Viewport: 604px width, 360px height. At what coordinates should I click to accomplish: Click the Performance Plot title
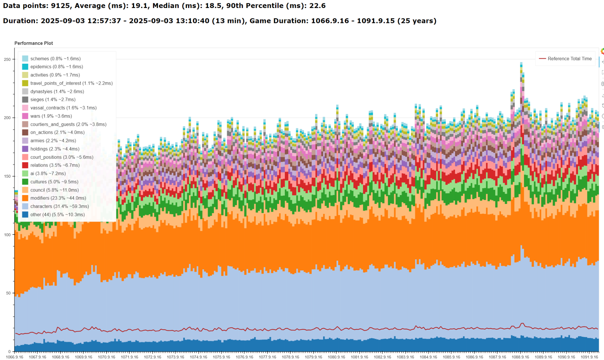(34, 43)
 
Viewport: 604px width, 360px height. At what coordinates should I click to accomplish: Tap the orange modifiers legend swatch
(25, 198)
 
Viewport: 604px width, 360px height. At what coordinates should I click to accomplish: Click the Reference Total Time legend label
(569, 59)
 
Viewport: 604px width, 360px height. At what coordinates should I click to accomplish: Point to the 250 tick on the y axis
(7, 59)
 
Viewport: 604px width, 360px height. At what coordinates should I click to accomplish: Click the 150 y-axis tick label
(7, 176)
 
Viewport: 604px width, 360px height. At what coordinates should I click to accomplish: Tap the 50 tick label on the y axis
(8, 293)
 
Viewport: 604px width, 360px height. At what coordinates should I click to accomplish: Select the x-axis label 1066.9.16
(14, 357)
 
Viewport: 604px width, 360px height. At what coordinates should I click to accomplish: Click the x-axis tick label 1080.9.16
(337, 357)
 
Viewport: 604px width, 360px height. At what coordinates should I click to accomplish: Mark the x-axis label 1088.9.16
(521, 357)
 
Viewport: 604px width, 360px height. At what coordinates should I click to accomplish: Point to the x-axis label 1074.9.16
(198, 357)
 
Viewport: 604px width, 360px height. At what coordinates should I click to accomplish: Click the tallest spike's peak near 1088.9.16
(521, 63)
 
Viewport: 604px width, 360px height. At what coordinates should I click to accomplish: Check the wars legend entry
(51, 116)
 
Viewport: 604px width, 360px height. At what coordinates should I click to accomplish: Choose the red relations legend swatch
(25, 165)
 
